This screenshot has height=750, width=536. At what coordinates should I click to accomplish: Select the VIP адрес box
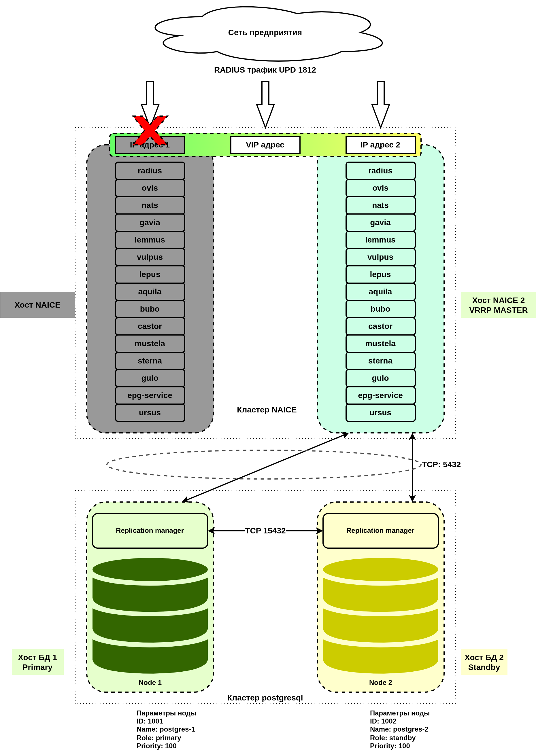point(265,145)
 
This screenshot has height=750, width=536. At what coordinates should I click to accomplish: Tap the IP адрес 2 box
point(380,145)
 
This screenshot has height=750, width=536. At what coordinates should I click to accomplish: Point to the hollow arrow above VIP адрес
point(265,104)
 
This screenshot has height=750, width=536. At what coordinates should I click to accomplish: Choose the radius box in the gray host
point(150,171)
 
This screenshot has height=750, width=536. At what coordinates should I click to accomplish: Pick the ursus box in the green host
point(380,413)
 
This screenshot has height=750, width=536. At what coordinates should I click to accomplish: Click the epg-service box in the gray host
point(150,395)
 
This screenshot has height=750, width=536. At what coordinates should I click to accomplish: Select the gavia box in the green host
point(380,223)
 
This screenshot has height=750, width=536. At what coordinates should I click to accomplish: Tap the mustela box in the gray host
point(150,344)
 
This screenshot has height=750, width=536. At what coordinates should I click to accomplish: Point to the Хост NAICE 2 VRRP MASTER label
point(498,305)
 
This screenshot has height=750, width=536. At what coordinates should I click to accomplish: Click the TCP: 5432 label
point(441,464)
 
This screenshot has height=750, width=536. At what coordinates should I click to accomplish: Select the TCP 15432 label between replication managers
point(265,531)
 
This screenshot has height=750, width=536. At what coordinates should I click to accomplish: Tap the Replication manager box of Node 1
point(150,531)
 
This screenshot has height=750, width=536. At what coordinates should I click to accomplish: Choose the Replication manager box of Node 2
point(380,531)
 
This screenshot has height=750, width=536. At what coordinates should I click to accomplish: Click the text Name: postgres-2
point(399,729)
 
